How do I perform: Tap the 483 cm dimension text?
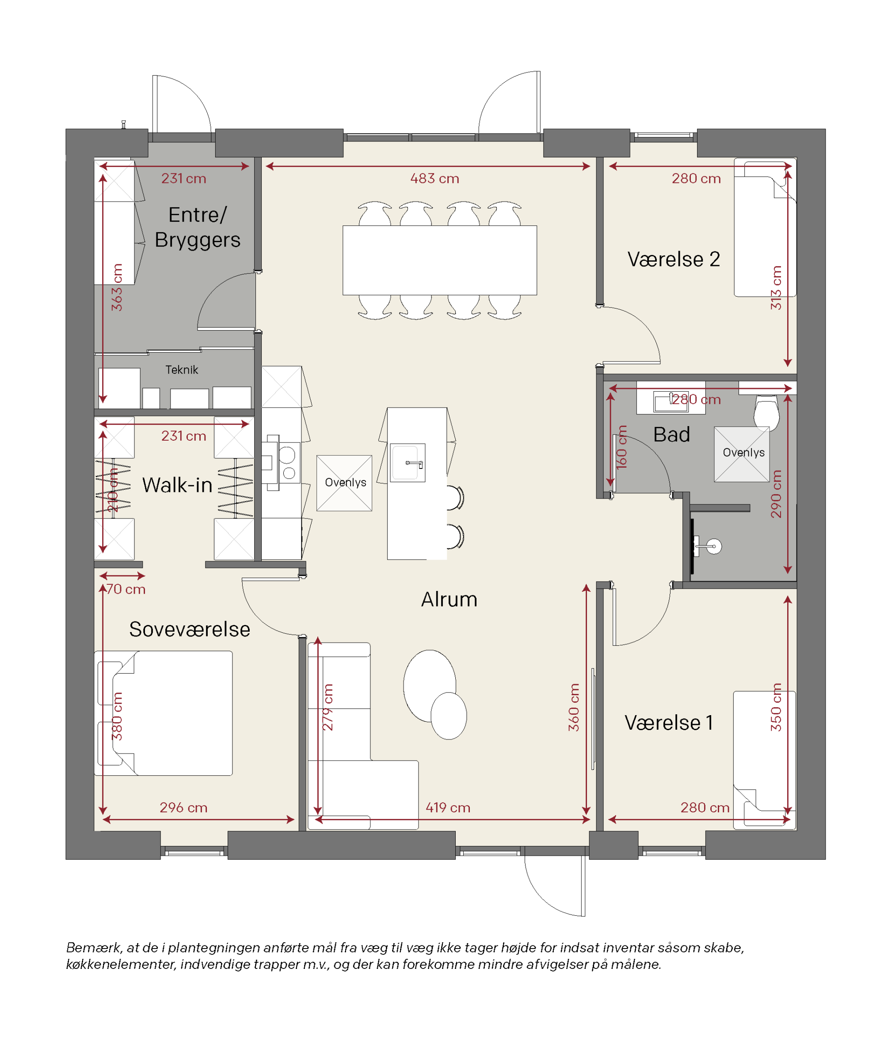434,179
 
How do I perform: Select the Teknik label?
182,370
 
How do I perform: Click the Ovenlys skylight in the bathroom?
742,454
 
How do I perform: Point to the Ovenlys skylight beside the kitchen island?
344,483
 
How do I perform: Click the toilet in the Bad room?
766,412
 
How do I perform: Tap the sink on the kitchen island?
408,463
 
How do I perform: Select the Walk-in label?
177,485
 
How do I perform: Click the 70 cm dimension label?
126,590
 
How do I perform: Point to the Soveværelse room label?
190,629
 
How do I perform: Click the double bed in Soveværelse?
164,713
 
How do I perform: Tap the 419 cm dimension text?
448,808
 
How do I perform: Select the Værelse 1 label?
669,723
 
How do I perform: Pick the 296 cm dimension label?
183,808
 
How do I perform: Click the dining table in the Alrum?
440,260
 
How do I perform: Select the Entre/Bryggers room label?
197,228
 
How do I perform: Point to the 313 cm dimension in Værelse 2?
776,287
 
